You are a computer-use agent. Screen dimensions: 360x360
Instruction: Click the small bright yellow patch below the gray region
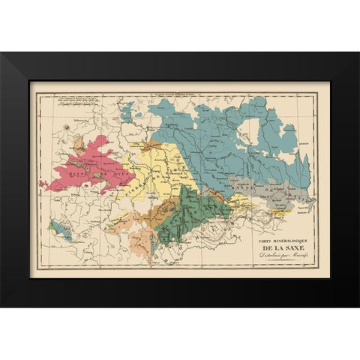point(280,212)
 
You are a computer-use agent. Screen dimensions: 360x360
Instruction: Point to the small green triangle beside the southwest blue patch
point(52,224)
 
